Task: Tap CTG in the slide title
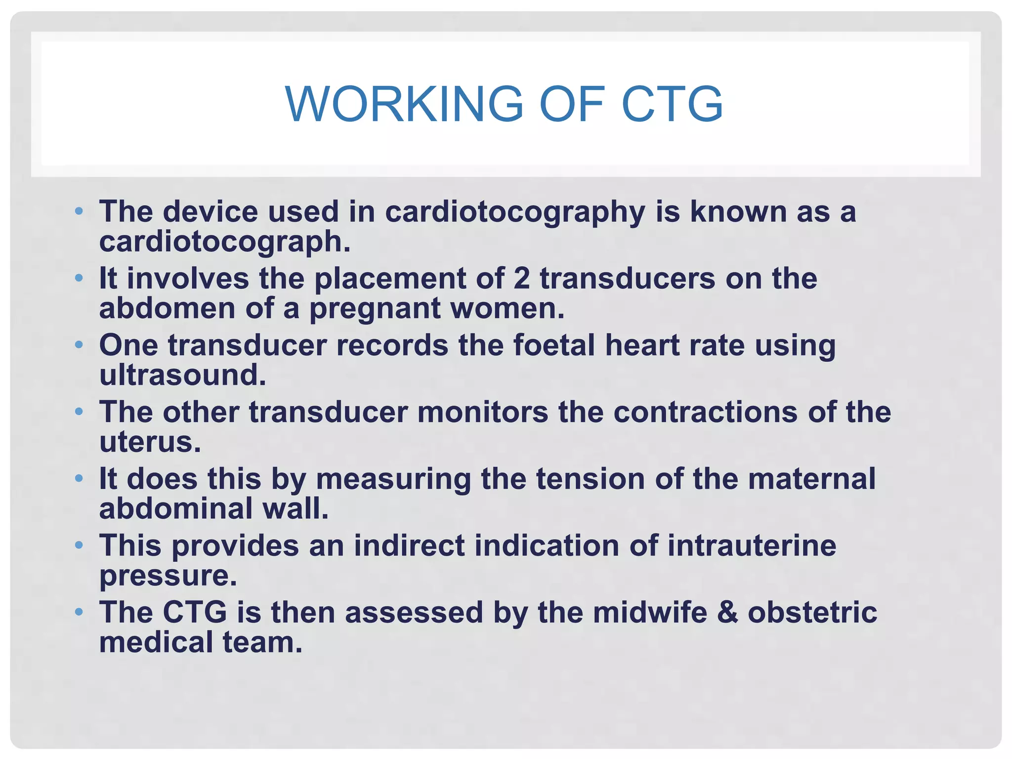point(672,104)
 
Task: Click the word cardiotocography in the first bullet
point(515,212)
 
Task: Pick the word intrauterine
point(752,546)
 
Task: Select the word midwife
point(650,612)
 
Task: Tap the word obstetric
point(812,612)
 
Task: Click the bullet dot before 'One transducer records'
point(79,344)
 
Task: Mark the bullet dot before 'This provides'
point(79,545)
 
